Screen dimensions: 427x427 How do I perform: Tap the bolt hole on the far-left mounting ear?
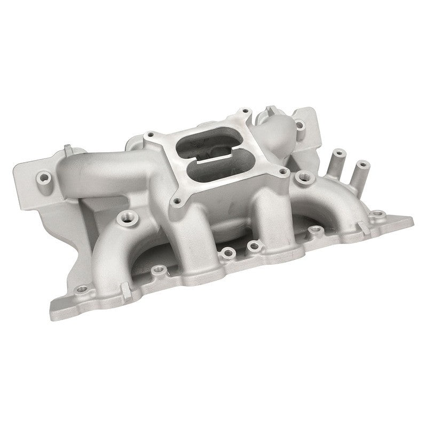42,176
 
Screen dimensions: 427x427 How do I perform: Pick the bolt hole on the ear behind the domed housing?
300,125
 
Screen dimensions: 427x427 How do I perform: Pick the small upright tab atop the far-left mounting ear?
67,147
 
